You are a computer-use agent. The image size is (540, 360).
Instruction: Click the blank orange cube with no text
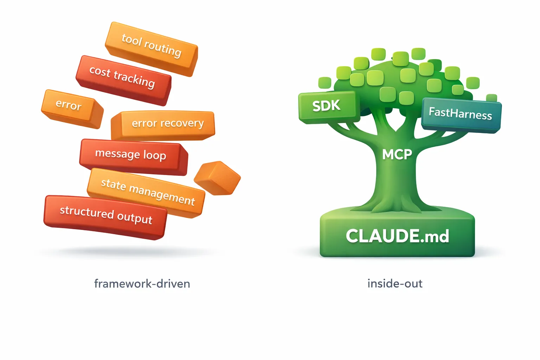[x=217, y=178]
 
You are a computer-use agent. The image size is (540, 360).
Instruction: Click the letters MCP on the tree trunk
[x=397, y=154]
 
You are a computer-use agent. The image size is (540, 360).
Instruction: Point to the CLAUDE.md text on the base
[x=397, y=236]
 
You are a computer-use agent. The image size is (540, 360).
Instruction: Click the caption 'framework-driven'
[x=142, y=284]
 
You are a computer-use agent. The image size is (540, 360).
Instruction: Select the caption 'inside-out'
[x=395, y=284]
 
